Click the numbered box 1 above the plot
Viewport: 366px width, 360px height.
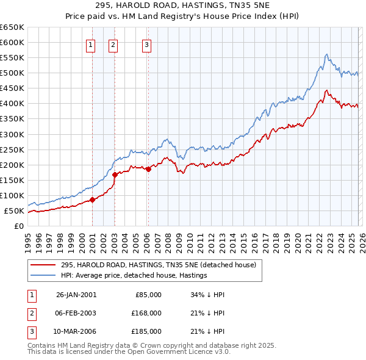point(90,43)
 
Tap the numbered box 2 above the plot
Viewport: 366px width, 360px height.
point(113,43)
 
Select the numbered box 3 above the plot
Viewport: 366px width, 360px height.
point(147,43)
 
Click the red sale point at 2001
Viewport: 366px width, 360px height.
point(93,200)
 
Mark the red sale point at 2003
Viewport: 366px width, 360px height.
point(115,175)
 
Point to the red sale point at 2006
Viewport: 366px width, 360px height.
point(148,169)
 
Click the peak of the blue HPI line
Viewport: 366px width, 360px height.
point(327,54)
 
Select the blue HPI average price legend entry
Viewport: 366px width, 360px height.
point(134,275)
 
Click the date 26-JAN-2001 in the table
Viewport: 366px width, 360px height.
point(76,295)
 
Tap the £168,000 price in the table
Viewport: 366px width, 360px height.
point(146,313)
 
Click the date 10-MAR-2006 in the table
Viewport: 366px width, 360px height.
point(76,331)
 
